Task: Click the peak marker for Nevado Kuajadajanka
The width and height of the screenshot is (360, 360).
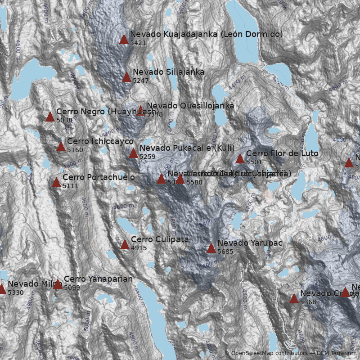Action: [124, 40]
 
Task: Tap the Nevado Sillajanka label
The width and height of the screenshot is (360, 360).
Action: [168, 72]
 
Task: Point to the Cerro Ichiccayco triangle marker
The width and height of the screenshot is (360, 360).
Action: [61, 147]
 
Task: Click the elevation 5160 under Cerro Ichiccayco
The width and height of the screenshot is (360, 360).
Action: [75, 150]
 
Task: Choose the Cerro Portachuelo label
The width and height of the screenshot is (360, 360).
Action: [99, 177]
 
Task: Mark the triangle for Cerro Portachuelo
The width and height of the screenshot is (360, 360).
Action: [56, 183]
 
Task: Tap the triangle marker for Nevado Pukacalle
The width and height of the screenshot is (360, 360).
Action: [133, 153]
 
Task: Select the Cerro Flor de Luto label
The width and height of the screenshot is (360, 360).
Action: [282, 153]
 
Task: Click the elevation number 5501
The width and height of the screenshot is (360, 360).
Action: [254, 162]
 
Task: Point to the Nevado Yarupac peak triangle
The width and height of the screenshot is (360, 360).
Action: [211, 248]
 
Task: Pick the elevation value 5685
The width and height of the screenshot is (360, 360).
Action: [225, 252]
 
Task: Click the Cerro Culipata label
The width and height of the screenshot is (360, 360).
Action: [160, 239]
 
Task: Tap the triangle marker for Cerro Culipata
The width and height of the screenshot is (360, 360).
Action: [125, 245]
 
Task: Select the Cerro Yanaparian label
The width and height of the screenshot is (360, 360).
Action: [98, 279]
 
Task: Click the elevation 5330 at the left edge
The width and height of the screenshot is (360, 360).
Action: [15, 292]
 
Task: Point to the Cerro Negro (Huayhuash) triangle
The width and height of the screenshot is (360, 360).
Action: [50, 117]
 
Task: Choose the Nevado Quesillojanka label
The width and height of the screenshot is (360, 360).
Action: [190, 105]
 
